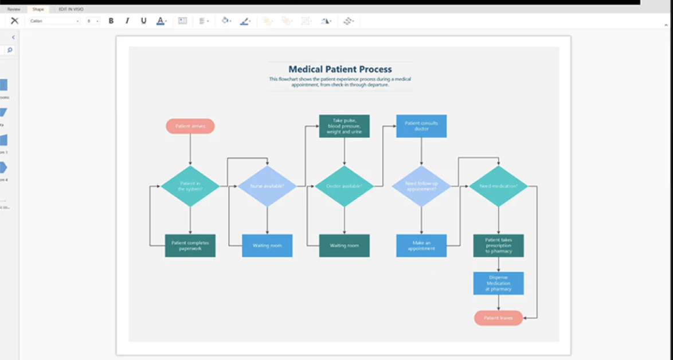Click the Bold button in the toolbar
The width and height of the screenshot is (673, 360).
[x=111, y=21]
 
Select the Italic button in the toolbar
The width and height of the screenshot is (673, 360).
[x=127, y=21]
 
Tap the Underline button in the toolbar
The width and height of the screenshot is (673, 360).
[x=143, y=21]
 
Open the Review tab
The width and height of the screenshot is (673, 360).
[x=14, y=9]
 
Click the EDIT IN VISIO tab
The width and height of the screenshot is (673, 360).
[x=71, y=9]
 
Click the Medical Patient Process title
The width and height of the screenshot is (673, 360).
[x=340, y=69]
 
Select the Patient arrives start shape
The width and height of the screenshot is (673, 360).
[x=190, y=126]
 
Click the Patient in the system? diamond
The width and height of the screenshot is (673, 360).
[x=190, y=186]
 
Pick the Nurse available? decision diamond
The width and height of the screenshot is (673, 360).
[x=267, y=186]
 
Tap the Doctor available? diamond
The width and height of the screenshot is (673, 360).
[x=345, y=186]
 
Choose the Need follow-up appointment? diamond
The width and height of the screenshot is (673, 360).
[x=421, y=186]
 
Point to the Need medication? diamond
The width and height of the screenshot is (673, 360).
[x=498, y=186]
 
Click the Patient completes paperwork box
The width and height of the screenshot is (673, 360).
[x=190, y=245]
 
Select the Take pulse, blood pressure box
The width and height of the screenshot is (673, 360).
[x=345, y=126]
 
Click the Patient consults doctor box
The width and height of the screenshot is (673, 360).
[x=421, y=126]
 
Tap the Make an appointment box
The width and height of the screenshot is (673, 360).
[x=421, y=245]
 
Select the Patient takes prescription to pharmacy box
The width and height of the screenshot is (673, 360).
[x=498, y=245]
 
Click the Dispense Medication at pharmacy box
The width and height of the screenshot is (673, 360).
[x=498, y=283]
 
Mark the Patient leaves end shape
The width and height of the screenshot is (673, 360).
[x=498, y=318]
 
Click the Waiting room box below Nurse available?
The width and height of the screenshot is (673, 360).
[x=267, y=245]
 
